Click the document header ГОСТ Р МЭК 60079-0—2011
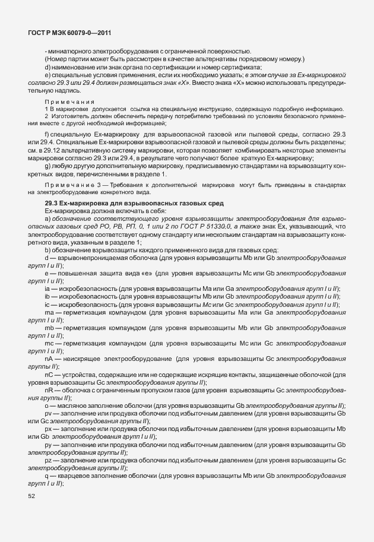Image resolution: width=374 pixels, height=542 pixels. click(70, 34)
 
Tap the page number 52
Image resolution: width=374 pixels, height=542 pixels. click(32, 496)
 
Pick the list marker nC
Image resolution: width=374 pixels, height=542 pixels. click(49, 375)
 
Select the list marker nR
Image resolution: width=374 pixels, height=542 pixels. click(49, 390)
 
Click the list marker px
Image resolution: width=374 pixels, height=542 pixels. click(48, 429)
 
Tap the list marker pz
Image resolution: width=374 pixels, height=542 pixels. click(48, 459)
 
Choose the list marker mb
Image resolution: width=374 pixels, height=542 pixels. click(49, 328)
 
